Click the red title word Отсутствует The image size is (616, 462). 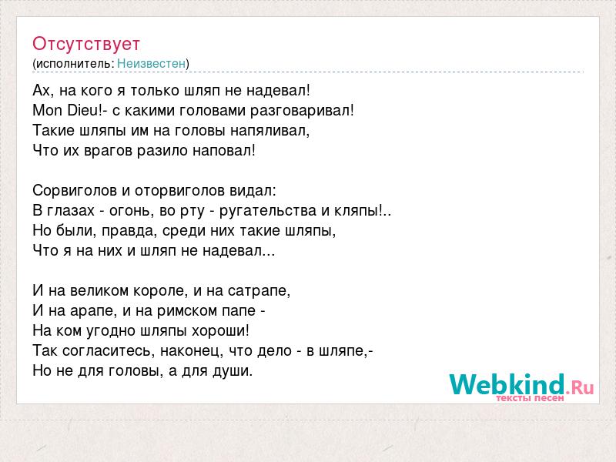tap(86, 44)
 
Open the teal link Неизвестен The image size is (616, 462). tap(151, 63)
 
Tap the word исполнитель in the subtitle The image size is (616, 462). tap(75, 64)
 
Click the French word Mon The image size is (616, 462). tap(48, 110)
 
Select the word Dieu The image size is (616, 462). tap(82, 110)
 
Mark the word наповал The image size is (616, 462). tap(222, 150)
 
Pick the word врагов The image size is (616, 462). tap(108, 151)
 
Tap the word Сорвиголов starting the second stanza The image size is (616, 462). tap(75, 191)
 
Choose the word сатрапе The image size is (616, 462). tap(257, 291)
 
